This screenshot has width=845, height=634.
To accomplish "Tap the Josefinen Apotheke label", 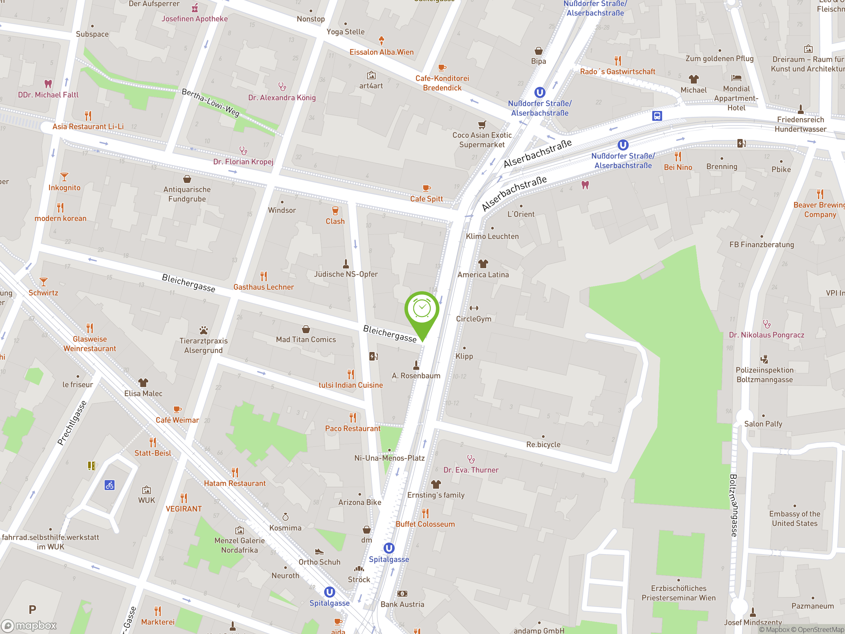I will click(194, 19).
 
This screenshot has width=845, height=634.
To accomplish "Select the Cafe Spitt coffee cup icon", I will click(426, 188).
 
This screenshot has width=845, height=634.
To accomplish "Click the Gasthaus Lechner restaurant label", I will click(264, 287).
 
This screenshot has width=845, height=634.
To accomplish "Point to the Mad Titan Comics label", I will click(306, 339).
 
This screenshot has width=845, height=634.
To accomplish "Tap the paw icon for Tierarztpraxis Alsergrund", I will click(204, 330).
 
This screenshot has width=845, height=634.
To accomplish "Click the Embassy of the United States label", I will click(794, 518).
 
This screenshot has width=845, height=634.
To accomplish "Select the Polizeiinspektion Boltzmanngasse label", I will click(764, 374).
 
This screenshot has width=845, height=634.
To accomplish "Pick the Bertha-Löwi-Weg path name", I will click(211, 102).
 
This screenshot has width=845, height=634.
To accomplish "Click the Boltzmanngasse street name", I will click(734, 505).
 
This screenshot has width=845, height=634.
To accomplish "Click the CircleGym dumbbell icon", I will click(474, 308).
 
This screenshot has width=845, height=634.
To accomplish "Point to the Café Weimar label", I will click(177, 420).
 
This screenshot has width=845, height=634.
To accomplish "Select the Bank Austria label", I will click(402, 604).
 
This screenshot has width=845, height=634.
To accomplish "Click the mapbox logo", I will click(29, 626).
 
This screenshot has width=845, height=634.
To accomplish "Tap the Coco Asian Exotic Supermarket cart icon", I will click(482, 124).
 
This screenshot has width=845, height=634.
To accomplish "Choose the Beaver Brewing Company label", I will click(819, 210).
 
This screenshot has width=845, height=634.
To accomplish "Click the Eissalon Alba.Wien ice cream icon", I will click(381, 40).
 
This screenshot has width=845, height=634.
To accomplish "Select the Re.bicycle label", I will click(543, 444).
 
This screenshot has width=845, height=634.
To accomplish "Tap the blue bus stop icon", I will click(657, 116).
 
